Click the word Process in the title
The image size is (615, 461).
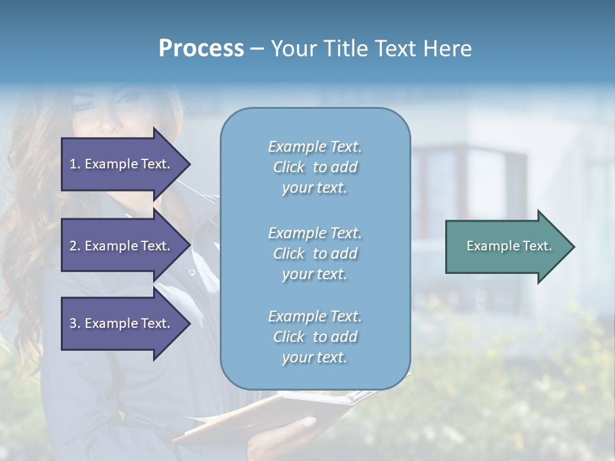pos(201,49)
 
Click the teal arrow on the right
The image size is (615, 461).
pos(506,246)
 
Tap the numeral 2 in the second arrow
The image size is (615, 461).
pos(73,246)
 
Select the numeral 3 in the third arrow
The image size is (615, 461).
pos(73,323)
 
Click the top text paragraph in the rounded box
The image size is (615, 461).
pos(315,167)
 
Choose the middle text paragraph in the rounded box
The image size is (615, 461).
pos(315,254)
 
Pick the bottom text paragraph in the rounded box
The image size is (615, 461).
pos(315,337)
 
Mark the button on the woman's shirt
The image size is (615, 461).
pos(192,273)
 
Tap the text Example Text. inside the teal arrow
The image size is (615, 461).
pos(509,246)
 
